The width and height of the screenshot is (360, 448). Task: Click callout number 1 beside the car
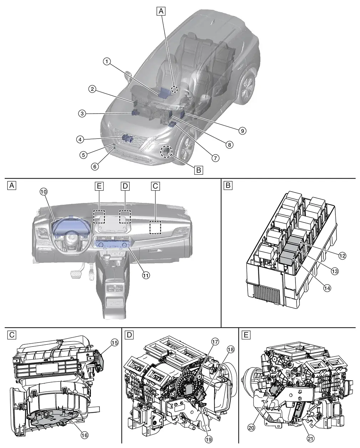(x=107, y=62)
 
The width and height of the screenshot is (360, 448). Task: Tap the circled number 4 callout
(x=80, y=140)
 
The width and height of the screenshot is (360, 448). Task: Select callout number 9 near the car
(x=242, y=131)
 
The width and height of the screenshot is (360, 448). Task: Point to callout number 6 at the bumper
(x=95, y=166)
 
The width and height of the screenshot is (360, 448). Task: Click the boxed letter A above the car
(x=161, y=11)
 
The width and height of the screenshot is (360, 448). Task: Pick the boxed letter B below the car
(x=199, y=170)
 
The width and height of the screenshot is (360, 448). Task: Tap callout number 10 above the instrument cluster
(x=44, y=192)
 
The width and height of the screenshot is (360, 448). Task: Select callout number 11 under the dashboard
(x=146, y=275)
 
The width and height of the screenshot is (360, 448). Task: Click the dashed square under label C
(x=155, y=227)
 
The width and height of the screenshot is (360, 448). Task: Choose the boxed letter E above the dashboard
(x=99, y=186)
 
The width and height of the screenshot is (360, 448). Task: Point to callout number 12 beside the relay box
(x=342, y=255)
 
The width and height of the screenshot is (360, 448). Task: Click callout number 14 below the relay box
(x=327, y=288)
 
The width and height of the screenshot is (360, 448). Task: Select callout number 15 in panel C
(x=114, y=343)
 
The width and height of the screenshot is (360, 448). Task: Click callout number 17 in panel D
(x=215, y=342)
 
